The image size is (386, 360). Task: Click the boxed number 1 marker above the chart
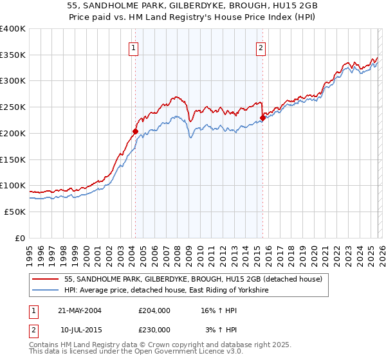[x=133, y=47]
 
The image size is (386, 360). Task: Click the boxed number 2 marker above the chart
[x=261, y=47]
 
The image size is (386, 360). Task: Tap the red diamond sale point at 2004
[x=135, y=131]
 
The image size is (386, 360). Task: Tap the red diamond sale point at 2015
[x=262, y=118]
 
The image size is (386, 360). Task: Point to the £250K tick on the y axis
[x=13, y=107]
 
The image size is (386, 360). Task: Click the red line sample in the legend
[x=46, y=279]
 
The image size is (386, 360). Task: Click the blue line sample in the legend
[x=46, y=291]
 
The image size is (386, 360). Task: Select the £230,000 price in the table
[x=154, y=329]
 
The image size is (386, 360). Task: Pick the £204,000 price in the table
[x=154, y=310]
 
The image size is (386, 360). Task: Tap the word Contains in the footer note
[x=44, y=345]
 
